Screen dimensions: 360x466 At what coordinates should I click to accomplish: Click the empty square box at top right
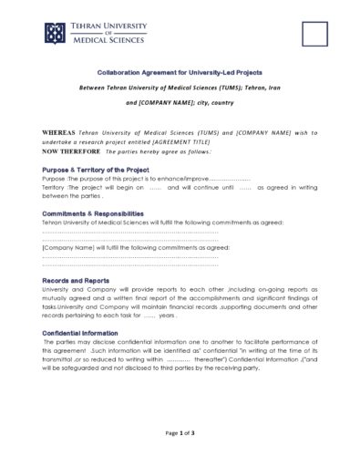314,34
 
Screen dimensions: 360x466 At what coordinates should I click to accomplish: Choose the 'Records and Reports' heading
76,280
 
